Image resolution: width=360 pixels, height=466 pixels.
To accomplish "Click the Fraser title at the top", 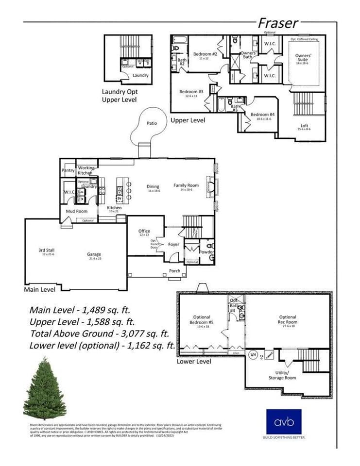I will [x=277, y=23].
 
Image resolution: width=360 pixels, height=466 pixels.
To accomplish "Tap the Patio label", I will [x=152, y=123].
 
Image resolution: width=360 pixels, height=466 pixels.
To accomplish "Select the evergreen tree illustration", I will [x=44, y=388].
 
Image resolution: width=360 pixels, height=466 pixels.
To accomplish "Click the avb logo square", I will [x=284, y=421].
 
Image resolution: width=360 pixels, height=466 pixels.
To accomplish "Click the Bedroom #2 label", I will [x=205, y=54].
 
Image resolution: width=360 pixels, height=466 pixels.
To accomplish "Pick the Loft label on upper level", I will [x=304, y=126].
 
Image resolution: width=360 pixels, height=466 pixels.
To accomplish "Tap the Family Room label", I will [x=187, y=185].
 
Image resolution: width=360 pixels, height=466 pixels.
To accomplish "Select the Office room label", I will [x=144, y=231].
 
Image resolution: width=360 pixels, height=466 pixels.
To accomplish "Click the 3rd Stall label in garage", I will [x=47, y=250].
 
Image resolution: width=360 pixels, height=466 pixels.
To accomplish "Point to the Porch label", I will [x=174, y=271].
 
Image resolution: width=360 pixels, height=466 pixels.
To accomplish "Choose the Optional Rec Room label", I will [x=288, y=320].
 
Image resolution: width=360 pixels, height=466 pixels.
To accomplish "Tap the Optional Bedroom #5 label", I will [x=202, y=320].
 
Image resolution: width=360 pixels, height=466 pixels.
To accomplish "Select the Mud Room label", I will [x=76, y=211].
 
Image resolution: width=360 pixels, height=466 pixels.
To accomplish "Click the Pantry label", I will [x=68, y=170].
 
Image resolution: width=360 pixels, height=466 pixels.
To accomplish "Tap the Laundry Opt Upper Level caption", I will [x=119, y=95].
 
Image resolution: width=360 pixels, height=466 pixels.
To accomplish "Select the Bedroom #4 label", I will [x=261, y=115].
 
